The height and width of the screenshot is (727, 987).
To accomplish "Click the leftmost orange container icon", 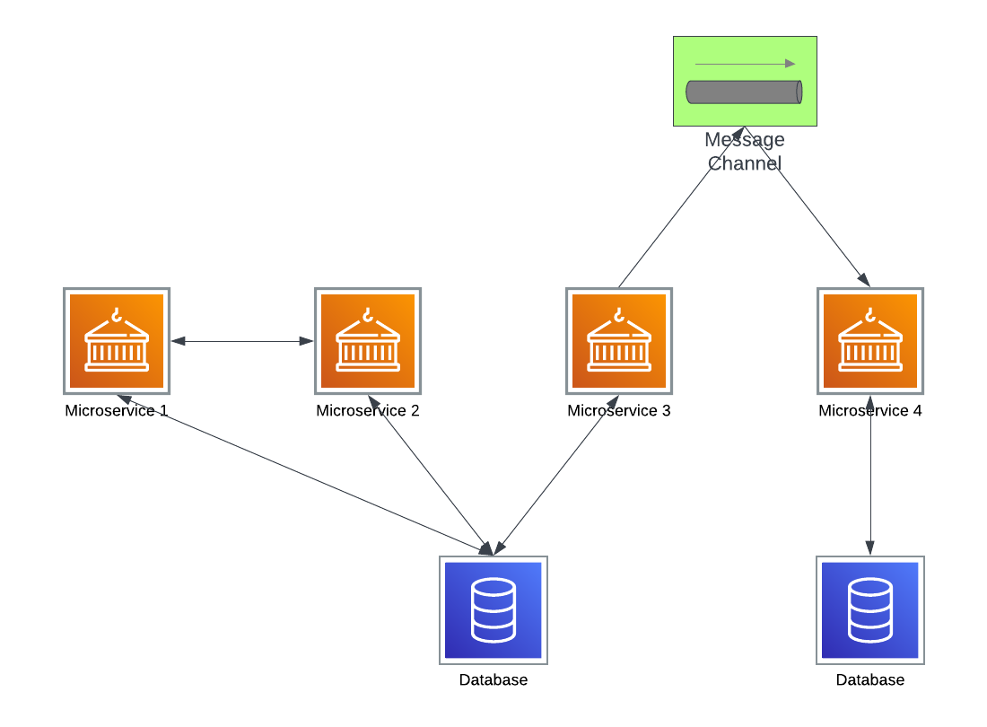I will click(117, 341).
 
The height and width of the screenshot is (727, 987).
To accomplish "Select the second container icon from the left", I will click(368, 341).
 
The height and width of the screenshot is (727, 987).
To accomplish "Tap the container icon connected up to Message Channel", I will click(619, 341).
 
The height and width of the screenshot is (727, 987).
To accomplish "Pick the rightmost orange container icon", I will click(870, 341).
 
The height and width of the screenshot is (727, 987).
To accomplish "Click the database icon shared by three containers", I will click(493, 610).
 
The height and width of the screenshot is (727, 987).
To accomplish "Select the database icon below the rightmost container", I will click(870, 610).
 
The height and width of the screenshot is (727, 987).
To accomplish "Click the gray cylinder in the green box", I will click(744, 92).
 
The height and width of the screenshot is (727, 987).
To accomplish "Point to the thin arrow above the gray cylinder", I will click(745, 64).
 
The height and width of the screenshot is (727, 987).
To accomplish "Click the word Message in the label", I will click(744, 140).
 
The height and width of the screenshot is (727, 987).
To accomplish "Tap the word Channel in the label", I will click(744, 163).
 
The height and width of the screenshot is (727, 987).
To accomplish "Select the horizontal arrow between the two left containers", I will click(242, 341).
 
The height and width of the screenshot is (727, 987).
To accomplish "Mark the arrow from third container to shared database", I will click(556, 475).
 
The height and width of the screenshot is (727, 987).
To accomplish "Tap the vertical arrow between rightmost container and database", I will click(869, 476).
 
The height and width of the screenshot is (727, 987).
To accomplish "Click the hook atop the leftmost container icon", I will click(116, 315).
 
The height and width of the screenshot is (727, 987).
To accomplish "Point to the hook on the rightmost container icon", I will click(869, 315).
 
